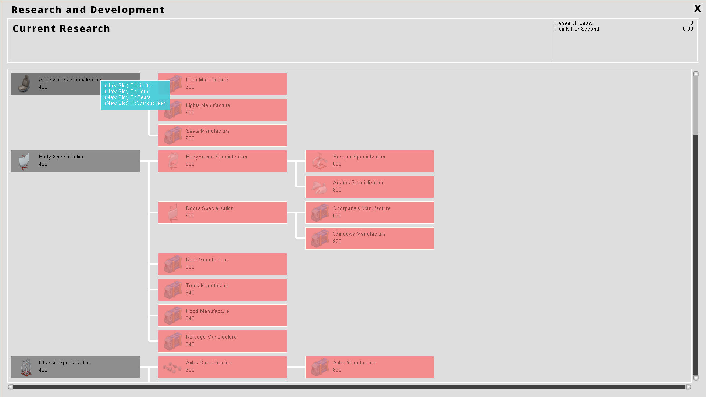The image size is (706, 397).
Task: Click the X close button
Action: point(697,8)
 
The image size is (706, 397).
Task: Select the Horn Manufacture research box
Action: point(228,84)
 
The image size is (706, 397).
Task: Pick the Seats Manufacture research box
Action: point(222,135)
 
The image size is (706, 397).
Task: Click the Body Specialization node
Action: point(75,161)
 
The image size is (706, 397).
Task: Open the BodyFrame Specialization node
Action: point(222,161)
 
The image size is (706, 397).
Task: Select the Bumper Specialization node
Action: point(369,161)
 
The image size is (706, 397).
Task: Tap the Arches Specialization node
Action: point(369,187)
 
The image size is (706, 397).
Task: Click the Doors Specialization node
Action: point(222,212)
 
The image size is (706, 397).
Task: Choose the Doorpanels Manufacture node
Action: point(369,212)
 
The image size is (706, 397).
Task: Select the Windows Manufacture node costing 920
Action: point(369,238)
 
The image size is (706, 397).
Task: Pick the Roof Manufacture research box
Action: point(222,264)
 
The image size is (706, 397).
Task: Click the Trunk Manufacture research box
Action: point(222,290)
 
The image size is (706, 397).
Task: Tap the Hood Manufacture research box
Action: point(222,315)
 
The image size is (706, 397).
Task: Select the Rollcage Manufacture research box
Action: point(222,341)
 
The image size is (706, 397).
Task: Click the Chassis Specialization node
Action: point(75,367)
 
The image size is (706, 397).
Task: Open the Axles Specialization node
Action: point(222,367)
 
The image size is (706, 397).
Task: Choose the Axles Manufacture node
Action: point(369,367)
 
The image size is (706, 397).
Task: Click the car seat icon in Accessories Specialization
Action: point(25,84)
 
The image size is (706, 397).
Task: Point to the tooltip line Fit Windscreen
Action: point(135,103)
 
